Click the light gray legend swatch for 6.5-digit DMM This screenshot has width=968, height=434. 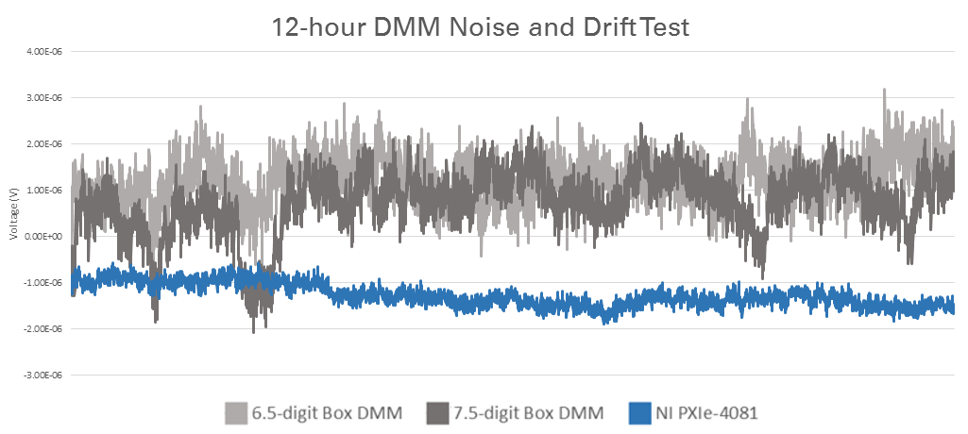click(235, 413)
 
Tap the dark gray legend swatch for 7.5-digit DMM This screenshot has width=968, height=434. click(437, 413)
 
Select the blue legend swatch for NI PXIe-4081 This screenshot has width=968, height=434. click(638, 413)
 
